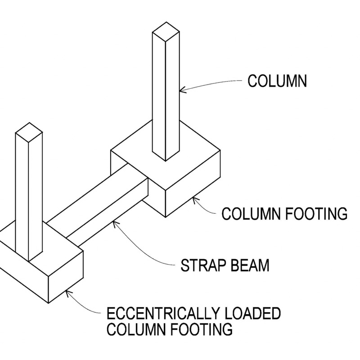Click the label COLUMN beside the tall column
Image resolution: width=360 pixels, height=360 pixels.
click(x=277, y=81)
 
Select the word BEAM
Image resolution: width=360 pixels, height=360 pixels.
click(x=250, y=265)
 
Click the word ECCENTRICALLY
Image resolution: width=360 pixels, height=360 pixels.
click(x=163, y=314)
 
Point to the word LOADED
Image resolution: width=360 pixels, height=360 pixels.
click(x=252, y=314)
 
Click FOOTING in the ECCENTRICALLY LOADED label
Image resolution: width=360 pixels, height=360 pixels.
click(x=201, y=329)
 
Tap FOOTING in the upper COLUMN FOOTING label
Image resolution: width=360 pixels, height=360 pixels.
click(x=316, y=214)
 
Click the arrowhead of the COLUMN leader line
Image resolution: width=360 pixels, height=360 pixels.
click(x=182, y=90)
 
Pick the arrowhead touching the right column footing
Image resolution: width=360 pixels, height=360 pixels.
click(x=194, y=200)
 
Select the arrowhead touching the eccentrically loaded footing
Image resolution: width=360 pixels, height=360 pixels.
click(x=68, y=293)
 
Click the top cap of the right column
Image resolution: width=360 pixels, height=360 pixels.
click(x=166, y=32)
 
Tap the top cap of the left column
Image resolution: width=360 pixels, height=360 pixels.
click(x=29, y=132)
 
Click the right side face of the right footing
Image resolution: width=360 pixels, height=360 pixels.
click(x=193, y=184)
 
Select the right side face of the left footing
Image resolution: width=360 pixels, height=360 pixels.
click(x=66, y=277)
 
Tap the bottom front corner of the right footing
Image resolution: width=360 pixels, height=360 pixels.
click(x=165, y=217)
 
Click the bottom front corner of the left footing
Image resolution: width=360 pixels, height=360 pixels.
click(x=48, y=303)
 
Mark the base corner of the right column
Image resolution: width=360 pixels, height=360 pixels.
click(x=166, y=161)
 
